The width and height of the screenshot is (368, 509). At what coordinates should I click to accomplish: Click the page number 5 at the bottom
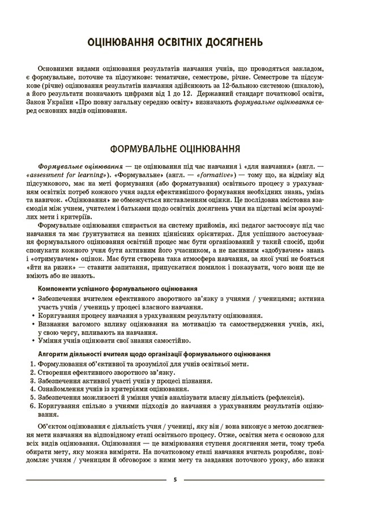pyautogui.click(x=176, y=479)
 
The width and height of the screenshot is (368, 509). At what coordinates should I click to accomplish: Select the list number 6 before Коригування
pyautogui.click(x=32, y=406)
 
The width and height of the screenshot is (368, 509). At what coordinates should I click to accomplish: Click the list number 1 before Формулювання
pyautogui.click(x=32, y=364)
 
